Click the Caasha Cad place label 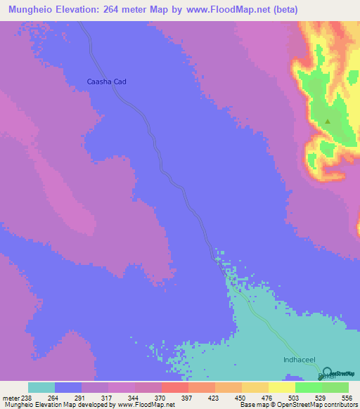click(105, 82)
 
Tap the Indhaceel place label click(297, 359)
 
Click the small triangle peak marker click(328, 121)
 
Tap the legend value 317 click(108, 397)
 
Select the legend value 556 click(347, 397)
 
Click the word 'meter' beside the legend click(10, 397)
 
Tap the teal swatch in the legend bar click(41, 387)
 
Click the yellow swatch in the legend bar click(282, 387)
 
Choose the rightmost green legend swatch click(335, 387)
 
